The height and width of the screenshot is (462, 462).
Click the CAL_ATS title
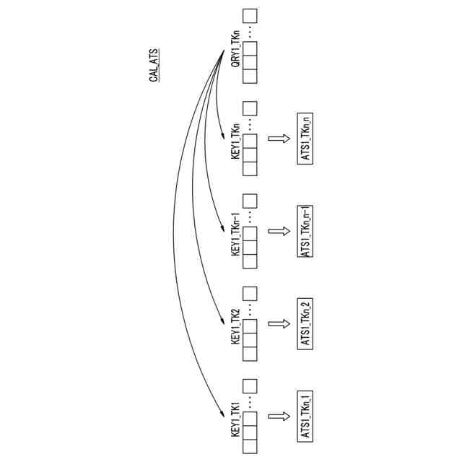[154, 66]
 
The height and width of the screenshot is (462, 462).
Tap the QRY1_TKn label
[235, 50]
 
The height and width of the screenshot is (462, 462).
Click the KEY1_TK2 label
[235, 325]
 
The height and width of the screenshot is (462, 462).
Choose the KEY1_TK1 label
[235, 419]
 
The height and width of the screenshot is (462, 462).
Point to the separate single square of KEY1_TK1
[250, 386]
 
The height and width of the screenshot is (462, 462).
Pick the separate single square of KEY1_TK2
[250, 294]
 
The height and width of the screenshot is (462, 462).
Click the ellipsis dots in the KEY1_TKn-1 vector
[250, 214]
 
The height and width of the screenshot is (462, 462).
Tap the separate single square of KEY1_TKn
[250, 108]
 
